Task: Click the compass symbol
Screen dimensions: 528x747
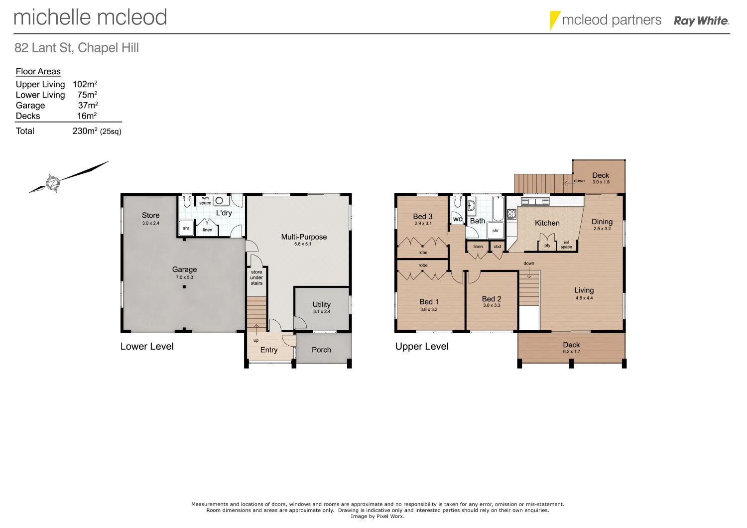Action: coord(53,183)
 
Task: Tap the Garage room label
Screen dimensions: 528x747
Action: coord(184,269)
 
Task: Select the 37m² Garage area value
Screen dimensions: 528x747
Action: coord(88,105)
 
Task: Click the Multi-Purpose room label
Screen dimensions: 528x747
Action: coord(304,237)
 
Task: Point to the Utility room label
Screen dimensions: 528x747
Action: coord(321,304)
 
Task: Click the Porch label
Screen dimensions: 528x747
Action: coord(321,350)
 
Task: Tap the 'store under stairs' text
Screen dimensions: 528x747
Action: coord(256,277)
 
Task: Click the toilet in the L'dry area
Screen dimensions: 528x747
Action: coord(187,202)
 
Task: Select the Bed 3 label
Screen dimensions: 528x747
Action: coord(422,216)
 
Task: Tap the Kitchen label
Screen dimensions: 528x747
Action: coord(547,223)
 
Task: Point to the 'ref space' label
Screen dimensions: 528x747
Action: coord(566,245)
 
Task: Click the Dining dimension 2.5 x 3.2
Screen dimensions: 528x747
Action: coord(602,229)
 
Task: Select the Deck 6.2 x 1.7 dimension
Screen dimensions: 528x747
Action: coord(571,352)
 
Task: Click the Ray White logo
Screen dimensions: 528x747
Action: coord(701,21)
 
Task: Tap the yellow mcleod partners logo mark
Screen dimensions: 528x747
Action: coord(554,20)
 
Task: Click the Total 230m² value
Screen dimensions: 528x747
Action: coord(85,131)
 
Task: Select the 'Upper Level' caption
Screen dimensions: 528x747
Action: coord(422,346)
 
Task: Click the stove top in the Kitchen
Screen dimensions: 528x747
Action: coord(511,214)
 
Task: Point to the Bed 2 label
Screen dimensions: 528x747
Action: coord(491,299)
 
